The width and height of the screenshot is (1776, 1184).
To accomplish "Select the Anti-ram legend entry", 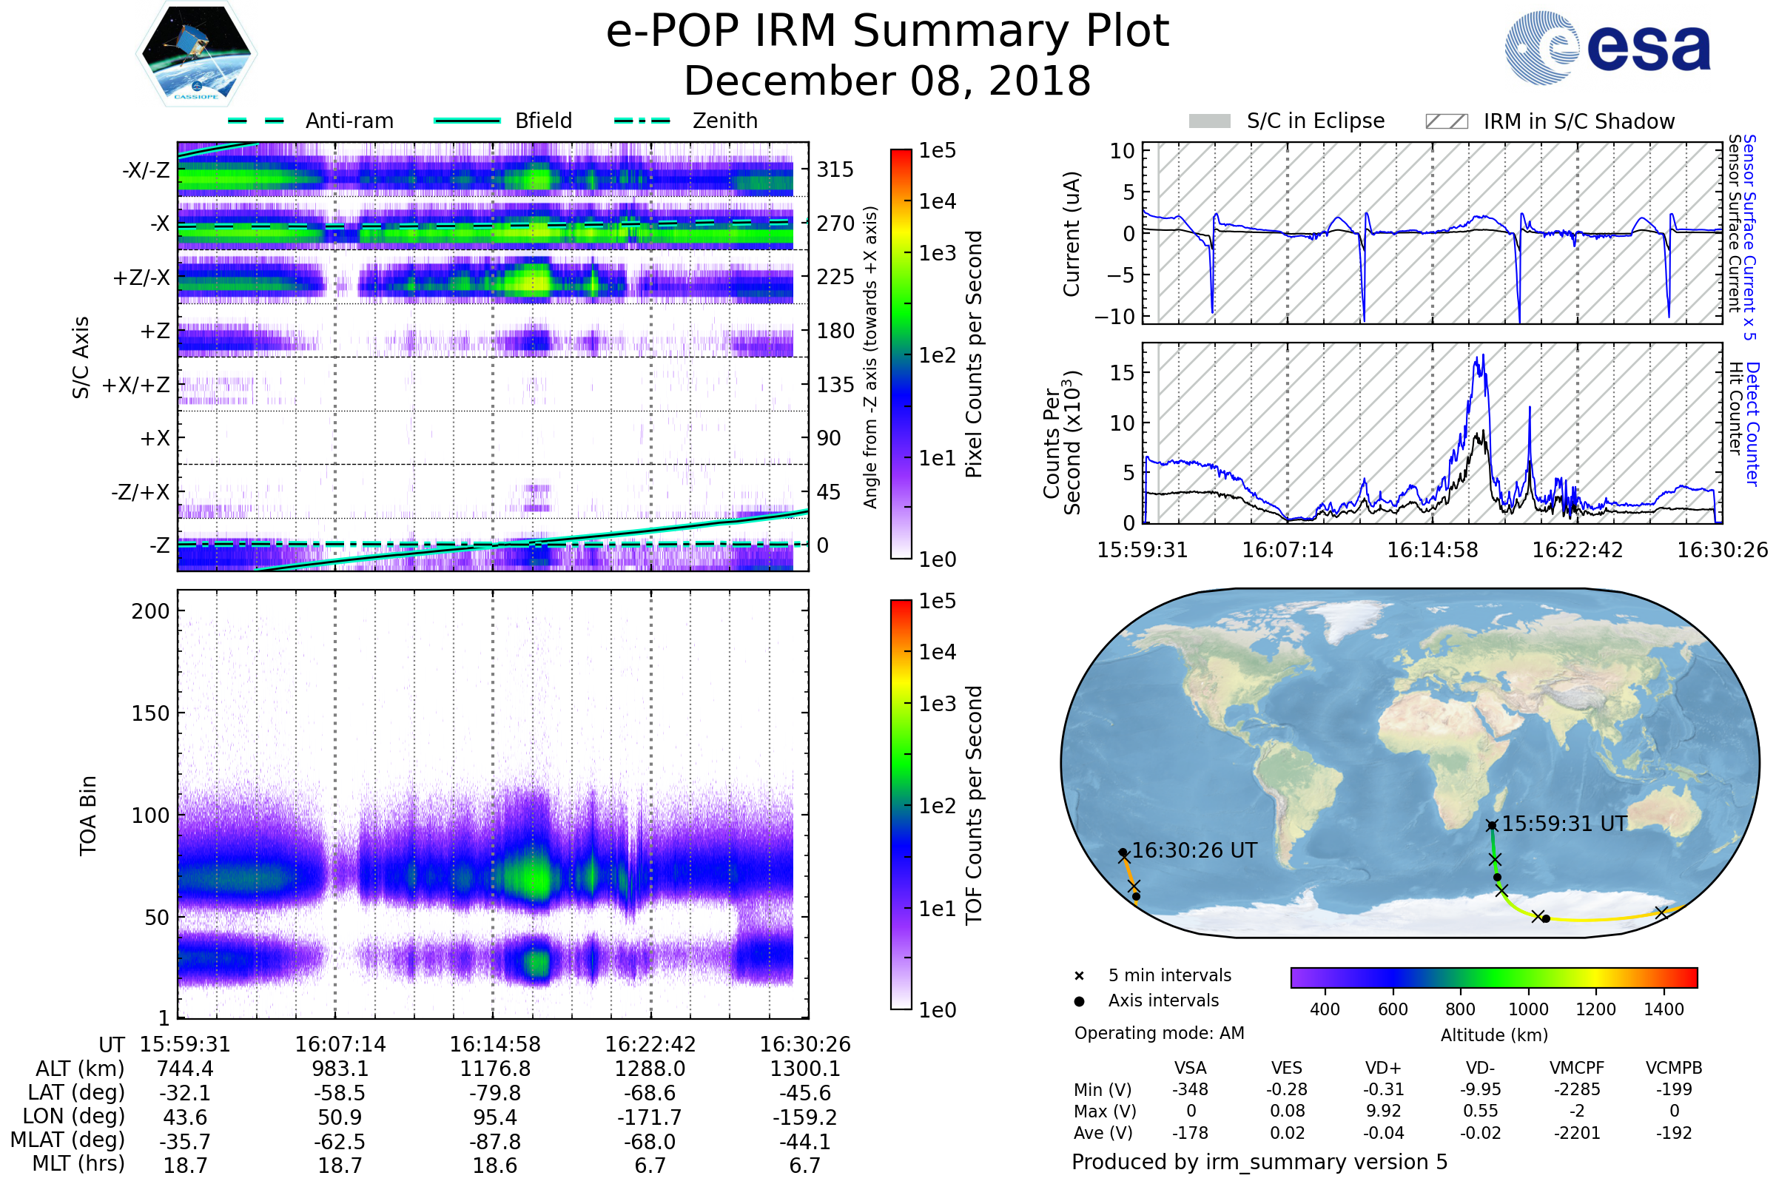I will pos(349,121).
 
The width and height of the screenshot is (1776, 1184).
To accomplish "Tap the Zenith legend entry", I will pos(724,121).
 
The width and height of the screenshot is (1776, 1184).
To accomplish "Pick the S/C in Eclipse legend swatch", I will pos(1209,121).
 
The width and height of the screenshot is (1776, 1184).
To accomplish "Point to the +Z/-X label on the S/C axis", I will pos(141,278).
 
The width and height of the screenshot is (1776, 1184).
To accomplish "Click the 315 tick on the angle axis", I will pos(835,169).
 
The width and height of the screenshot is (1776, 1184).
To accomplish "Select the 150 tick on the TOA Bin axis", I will pos(150,713).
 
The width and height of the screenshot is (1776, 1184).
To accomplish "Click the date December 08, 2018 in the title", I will pos(887,81).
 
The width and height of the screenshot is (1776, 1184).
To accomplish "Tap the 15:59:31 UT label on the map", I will pos(1564,824).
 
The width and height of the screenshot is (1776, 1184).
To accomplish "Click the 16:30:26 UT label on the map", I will pos(1194,851).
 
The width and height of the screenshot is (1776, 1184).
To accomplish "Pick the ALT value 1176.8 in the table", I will pos(495,1069).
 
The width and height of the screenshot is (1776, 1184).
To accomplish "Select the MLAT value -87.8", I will pos(495,1142).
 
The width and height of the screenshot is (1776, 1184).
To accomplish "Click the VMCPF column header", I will pos(1577,1069).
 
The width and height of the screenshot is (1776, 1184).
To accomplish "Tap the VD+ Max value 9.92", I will pos(1383,1111).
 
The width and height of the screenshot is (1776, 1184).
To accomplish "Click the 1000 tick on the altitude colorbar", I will pos(1527,1009).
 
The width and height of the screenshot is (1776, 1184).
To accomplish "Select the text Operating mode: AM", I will pos(1159,1033).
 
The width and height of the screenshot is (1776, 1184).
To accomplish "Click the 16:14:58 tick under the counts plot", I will pos(1433,550).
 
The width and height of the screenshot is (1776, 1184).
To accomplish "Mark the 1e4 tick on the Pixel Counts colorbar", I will pos(937,201).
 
